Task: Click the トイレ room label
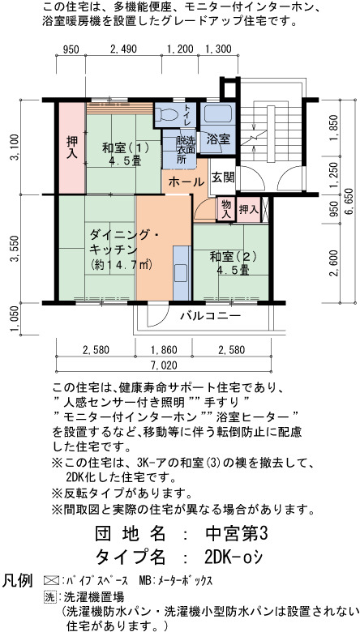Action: pos(188,114)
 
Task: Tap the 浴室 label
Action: pos(218,139)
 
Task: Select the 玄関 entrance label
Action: pos(223,177)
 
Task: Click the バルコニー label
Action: pos(211,315)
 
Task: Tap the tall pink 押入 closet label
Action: pos(72,147)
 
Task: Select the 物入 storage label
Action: pos(226,209)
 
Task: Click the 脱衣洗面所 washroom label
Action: pos(186,150)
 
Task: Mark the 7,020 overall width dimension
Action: pos(163,366)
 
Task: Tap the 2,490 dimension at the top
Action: pos(123,49)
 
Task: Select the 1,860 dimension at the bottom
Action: pos(163,350)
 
